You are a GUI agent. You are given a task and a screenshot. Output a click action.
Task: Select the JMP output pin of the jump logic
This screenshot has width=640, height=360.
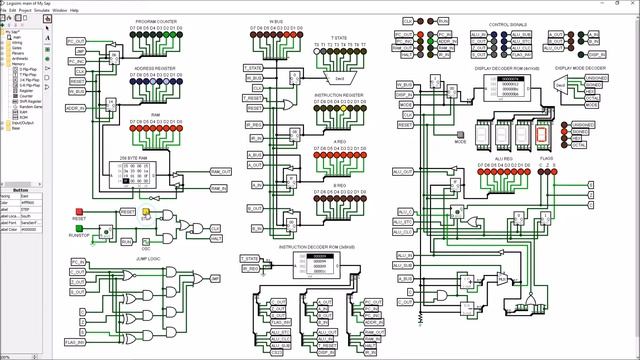click(213, 279)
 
